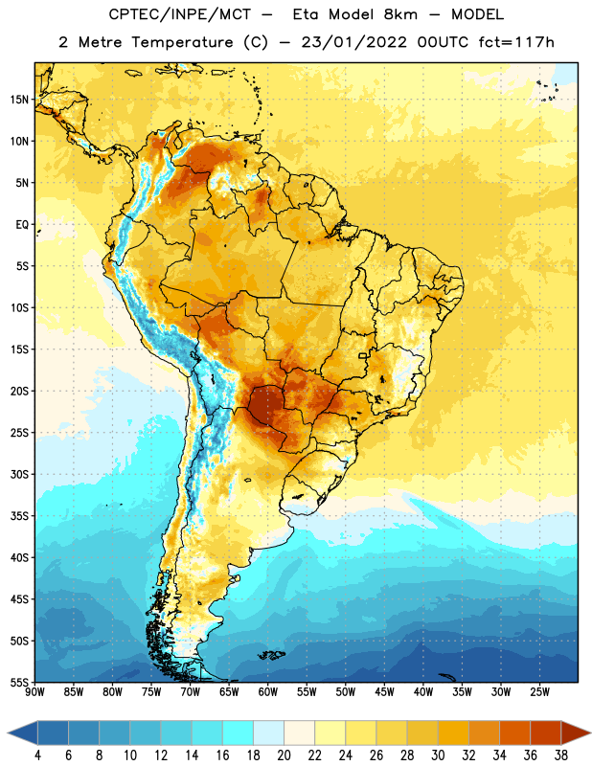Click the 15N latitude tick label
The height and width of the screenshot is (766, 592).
(x=19, y=100)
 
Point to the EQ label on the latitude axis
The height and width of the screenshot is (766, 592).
(x=22, y=225)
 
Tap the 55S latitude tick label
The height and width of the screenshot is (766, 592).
(x=19, y=683)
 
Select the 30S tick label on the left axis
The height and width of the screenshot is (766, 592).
(x=19, y=474)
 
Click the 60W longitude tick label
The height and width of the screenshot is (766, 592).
(x=268, y=691)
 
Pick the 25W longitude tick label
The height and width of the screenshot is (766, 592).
(x=539, y=691)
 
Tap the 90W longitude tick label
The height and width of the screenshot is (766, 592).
(x=34, y=691)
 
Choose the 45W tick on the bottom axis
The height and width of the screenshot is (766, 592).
(x=384, y=691)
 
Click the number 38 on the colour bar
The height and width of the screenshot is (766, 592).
(x=561, y=755)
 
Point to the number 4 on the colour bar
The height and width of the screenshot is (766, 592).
(x=37, y=755)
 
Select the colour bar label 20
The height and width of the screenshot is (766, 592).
(x=284, y=755)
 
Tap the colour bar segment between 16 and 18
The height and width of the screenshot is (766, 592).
(x=239, y=732)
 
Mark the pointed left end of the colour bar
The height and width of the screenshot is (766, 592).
(x=8, y=732)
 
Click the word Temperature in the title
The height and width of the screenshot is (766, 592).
(x=183, y=42)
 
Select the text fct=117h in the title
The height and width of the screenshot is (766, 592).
(x=516, y=42)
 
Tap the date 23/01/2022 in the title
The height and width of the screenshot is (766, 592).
(x=353, y=42)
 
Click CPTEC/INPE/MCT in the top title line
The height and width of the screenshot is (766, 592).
(x=180, y=14)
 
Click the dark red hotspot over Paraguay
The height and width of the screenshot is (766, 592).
(x=264, y=403)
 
